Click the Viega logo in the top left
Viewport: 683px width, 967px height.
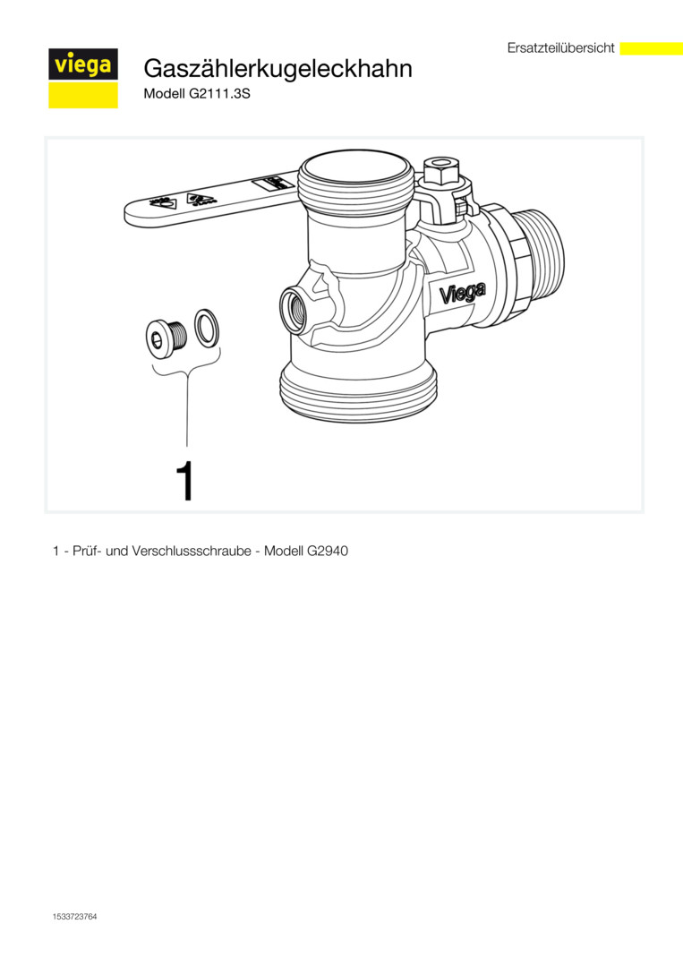83,78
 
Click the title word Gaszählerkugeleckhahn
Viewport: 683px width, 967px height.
278,68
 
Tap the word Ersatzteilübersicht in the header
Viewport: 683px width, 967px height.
561,47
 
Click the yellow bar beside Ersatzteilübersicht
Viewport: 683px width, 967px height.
651,48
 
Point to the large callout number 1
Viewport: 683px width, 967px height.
185,481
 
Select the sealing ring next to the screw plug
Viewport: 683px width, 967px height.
208,328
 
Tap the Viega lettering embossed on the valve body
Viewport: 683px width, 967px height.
462,293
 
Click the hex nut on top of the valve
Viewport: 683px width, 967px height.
440,171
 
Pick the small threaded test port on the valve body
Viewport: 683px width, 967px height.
294,308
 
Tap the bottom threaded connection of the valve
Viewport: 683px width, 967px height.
358,392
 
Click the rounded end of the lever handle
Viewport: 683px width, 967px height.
133,213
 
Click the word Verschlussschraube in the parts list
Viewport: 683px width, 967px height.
188,551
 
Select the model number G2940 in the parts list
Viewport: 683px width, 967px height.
328,551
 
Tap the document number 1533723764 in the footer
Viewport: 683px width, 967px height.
74,917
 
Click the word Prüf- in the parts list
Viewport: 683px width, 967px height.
87,551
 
